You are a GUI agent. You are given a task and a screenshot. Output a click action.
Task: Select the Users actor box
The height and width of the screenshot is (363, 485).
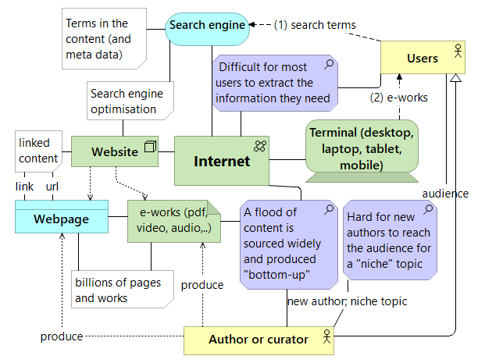coord(423,59)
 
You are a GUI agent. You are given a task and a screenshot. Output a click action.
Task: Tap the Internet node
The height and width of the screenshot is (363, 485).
coord(222,161)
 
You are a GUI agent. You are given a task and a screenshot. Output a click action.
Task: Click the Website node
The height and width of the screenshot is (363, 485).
coord(115,151)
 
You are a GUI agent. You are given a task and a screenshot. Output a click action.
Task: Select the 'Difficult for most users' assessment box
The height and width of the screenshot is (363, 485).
coord(275,83)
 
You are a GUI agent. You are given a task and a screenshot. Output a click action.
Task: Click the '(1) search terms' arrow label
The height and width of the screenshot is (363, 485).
coord(315,24)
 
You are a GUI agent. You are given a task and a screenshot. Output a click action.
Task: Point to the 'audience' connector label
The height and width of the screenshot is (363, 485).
coord(446,193)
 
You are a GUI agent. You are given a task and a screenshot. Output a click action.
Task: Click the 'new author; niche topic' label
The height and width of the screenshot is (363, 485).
coord(346,301)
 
